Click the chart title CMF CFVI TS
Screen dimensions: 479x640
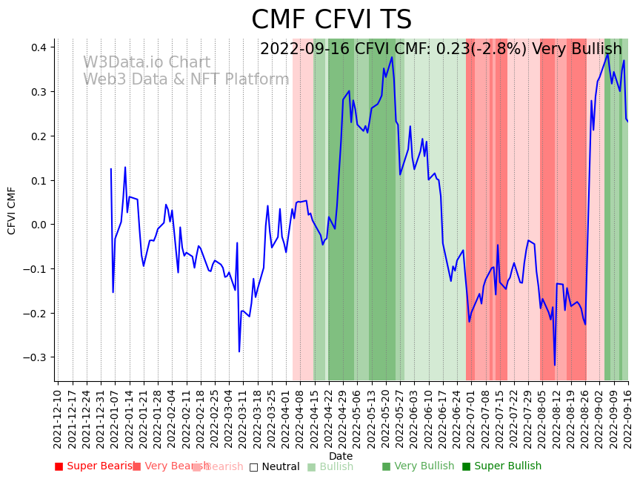331,20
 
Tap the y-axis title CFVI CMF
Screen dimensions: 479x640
12,211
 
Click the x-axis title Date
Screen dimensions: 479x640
341,456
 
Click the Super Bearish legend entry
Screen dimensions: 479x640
96,466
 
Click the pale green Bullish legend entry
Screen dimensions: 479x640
330,467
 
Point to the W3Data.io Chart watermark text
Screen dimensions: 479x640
147,63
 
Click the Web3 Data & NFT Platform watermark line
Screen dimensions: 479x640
186,79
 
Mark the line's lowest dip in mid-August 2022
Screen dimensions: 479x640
554,365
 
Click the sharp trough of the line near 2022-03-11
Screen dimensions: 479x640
239,351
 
